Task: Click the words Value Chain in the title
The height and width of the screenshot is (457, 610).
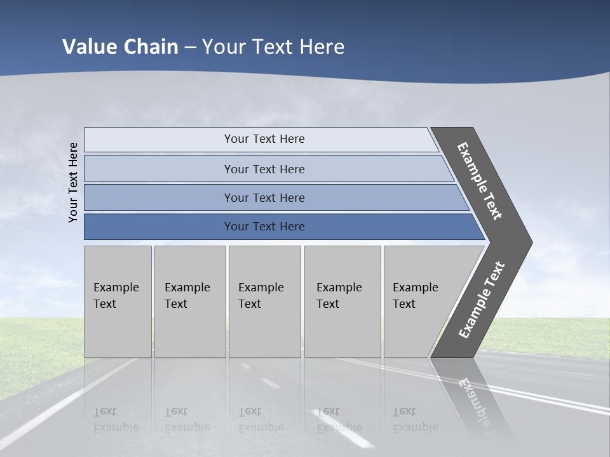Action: (120, 46)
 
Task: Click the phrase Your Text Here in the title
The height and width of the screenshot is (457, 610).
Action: (273, 46)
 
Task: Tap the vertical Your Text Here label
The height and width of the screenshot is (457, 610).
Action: (73, 182)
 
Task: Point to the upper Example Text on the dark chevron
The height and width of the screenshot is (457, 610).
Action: (480, 181)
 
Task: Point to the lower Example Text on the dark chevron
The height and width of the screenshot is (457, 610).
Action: (482, 300)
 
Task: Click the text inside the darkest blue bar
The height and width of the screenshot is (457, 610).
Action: (264, 227)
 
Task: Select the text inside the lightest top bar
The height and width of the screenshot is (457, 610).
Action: (264, 139)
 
